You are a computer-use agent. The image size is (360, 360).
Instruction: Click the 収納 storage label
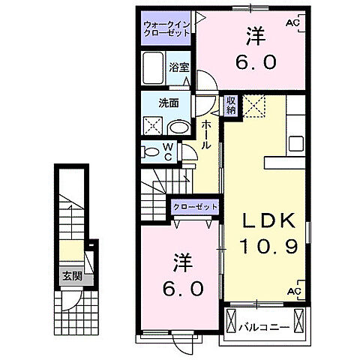231,106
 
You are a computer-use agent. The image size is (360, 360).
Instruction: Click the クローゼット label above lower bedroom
196,206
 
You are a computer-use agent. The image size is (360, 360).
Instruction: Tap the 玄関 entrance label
72,275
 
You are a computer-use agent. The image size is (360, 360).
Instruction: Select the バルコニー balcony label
263,327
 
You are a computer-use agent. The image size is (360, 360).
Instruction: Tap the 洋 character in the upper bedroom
251,34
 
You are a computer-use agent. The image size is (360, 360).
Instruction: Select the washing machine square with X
154,126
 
